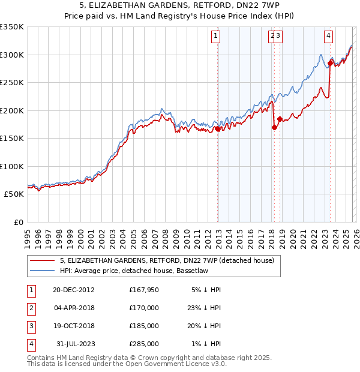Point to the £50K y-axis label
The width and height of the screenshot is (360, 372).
point(13,194)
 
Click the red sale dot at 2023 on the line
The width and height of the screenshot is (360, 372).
point(330,63)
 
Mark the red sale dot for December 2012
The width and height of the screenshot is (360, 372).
point(218,128)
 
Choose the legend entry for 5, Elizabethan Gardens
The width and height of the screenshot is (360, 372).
point(166,260)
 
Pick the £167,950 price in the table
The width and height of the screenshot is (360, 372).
point(143,290)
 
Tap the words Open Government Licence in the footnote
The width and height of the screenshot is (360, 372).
point(178,364)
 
